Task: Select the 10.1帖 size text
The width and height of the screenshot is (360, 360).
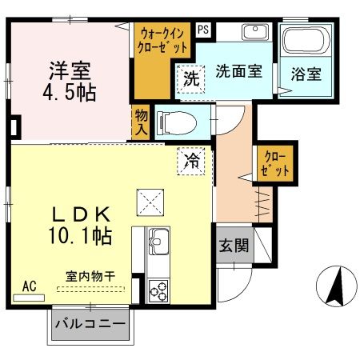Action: coord(78,236)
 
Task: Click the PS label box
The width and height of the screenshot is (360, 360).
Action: coord(204,30)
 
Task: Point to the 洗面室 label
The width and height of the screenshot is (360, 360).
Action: coord(238,70)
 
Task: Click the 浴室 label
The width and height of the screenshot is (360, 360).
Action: coord(306,74)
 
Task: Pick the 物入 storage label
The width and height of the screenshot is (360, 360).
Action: coord(141,122)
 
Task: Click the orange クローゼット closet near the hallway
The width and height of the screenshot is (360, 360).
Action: coord(273,162)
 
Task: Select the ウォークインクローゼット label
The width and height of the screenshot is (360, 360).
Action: coord(165,41)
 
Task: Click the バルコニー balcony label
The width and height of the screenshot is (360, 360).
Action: coord(90,325)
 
